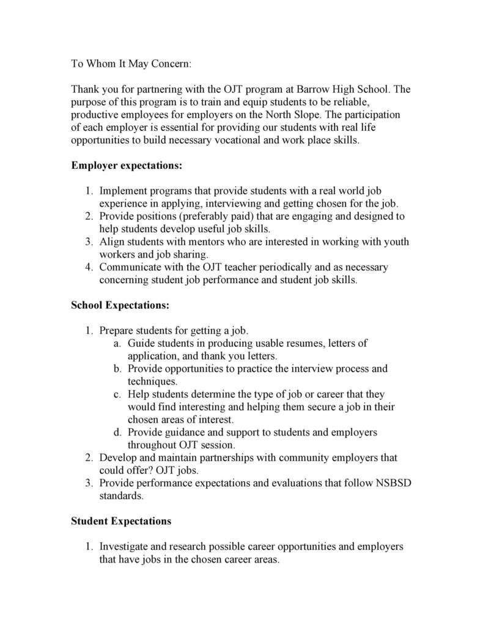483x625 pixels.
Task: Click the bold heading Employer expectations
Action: [x=127, y=165]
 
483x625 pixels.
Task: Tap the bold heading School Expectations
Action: [x=120, y=305]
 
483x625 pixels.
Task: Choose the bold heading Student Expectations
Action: [x=121, y=521]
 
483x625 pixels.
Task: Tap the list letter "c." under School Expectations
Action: [x=117, y=394]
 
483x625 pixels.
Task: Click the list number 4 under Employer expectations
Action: [x=89, y=267]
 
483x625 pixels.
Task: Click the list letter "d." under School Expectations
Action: [x=117, y=432]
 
